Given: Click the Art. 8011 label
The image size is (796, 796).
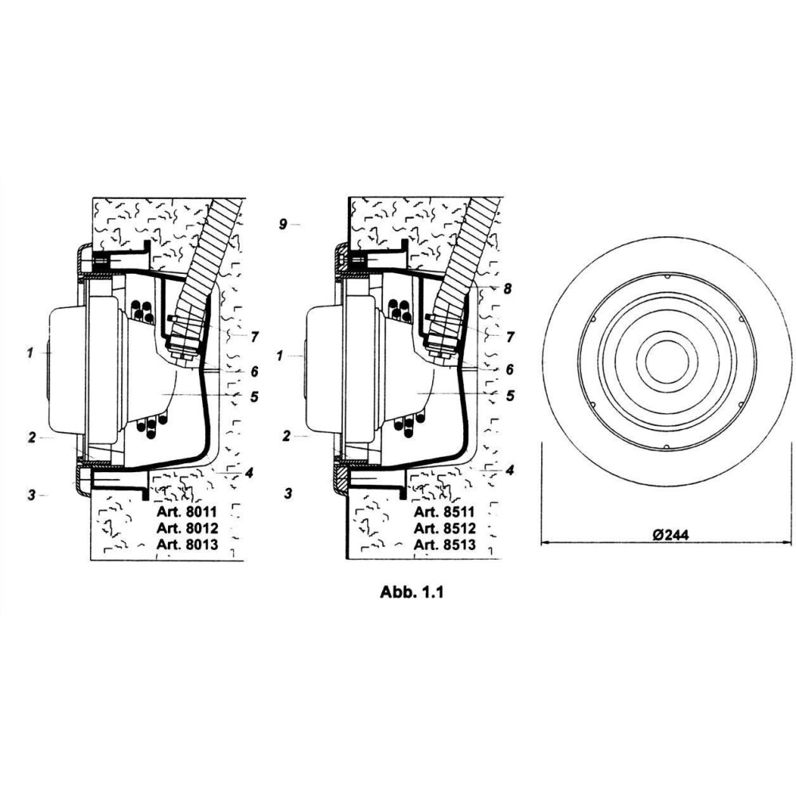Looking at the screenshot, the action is (x=187, y=511).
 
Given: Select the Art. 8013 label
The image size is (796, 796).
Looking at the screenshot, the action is (x=187, y=544).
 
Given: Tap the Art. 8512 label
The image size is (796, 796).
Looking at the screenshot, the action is (x=445, y=528).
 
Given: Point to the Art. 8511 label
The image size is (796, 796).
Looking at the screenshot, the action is (x=444, y=511).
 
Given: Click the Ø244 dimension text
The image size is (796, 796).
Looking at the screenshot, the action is (x=671, y=535).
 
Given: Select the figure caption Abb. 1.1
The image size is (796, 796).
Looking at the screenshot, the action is (x=412, y=592).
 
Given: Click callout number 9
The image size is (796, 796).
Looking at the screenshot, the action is (x=283, y=224).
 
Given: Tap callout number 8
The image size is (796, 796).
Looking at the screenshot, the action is (x=507, y=289).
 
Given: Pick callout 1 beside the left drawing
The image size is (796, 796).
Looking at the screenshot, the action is (x=30, y=353).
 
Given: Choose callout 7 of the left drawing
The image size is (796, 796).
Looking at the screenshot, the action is (x=255, y=337).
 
